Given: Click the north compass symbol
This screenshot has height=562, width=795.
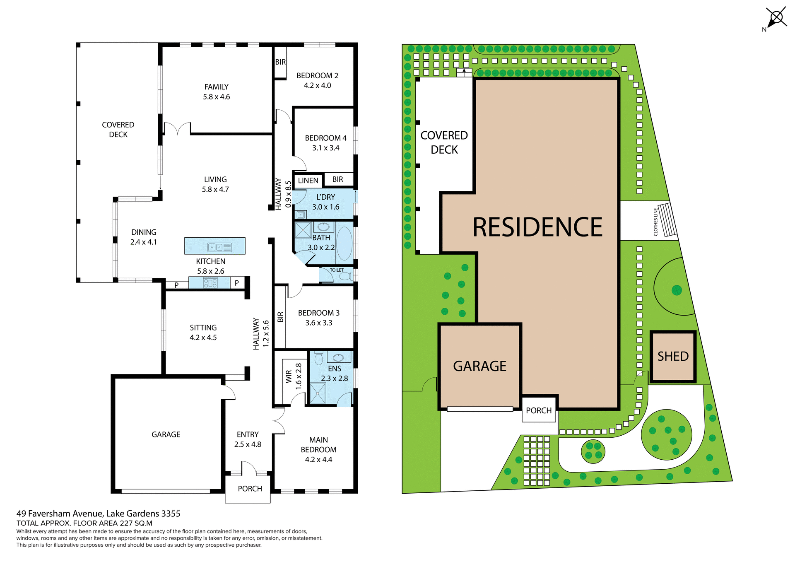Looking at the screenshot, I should click(776, 18).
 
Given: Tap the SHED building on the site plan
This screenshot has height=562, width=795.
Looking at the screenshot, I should click(673, 356).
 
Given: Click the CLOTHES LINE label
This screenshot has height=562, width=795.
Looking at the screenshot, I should click(655, 222).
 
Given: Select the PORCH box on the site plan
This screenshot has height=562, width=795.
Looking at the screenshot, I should click(539, 410).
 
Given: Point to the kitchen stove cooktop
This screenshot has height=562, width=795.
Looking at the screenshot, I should click(210, 283).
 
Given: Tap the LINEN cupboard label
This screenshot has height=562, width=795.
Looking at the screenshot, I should click(308, 181).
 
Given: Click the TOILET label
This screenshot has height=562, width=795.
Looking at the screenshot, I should click(337, 270).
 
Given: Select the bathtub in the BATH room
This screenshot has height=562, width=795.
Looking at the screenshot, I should click(344, 243).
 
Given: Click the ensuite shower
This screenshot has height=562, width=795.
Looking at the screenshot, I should click(318, 393).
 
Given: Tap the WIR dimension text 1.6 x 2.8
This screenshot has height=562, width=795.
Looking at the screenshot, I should click(299, 376).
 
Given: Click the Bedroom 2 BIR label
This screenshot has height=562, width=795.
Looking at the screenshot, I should click(280, 62).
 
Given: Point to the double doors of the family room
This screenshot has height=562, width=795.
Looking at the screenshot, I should click(178, 128).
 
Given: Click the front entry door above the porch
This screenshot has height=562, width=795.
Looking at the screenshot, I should click(248, 468).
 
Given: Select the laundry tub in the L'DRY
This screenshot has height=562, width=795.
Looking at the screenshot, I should click(301, 215).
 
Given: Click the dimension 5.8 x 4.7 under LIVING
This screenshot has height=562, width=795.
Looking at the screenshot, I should click(215, 189).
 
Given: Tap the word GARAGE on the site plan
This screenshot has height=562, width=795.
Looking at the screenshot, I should click(479, 366).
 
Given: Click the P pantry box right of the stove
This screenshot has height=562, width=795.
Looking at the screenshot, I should click(237, 283).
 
